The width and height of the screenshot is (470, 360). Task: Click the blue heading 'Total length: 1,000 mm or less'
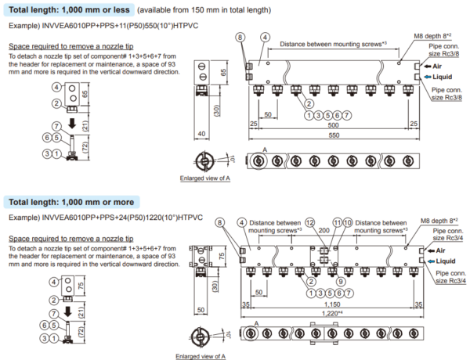click(x=70, y=10)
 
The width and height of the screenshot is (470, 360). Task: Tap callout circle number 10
click(x=348, y=223)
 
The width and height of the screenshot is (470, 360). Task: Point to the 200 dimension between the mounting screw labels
click(x=324, y=232)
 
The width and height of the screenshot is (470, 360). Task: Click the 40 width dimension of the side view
click(x=201, y=134)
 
